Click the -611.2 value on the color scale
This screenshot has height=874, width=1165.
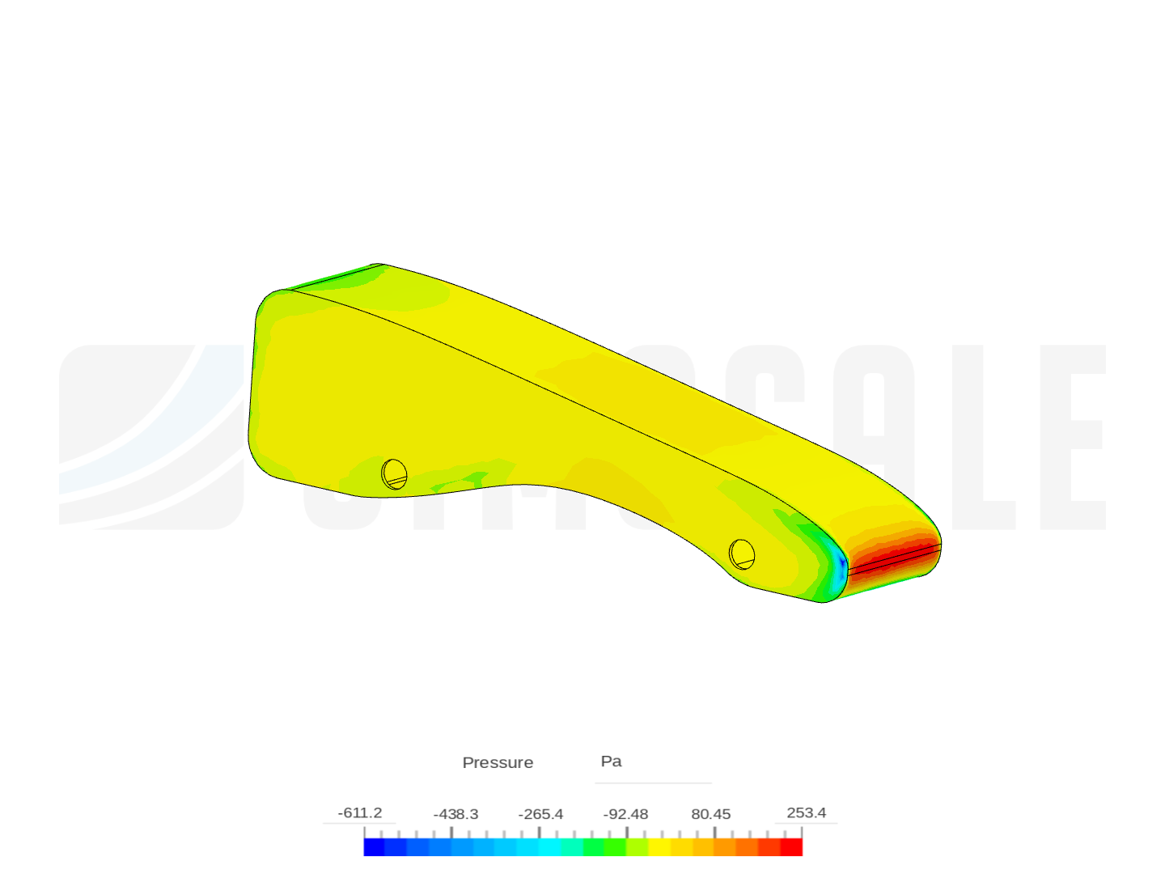click(x=360, y=812)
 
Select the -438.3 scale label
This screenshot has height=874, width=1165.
click(x=455, y=814)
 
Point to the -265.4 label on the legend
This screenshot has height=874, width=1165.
click(x=541, y=814)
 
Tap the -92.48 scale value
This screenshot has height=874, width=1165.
click(x=625, y=814)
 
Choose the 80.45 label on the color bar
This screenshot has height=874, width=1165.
click(x=711, y=814)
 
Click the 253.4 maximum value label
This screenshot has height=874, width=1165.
click(x=806, y=812)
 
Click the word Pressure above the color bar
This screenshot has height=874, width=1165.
click(x=498, y=762)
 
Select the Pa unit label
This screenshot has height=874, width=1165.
click(x=611, y=762)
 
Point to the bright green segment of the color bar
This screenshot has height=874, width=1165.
click(x=615, y=847)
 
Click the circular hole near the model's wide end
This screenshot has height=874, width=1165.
click(x=394, y=474)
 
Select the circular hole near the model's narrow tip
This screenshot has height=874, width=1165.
click(x=742, y=554)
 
